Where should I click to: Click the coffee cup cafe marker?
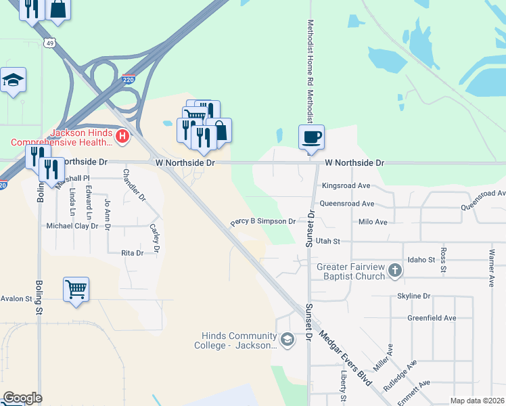[311, 137]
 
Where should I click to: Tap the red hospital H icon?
[122, 137]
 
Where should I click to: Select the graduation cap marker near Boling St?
[13, 81]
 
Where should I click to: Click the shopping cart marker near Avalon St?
[76, 290]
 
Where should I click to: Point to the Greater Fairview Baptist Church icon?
[395, 271]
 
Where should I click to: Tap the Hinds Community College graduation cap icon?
[287, 339]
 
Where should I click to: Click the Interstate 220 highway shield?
[129, 79]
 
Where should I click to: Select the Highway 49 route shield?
[49, 43]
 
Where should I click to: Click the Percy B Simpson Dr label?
[263, 221]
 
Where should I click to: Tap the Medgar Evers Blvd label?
[346, 358]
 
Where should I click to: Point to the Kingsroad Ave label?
[346, 185]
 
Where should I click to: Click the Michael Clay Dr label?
[72, 226]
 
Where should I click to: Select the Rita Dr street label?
[132, 253]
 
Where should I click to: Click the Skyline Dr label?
[413, 296]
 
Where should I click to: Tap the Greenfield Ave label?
[431, 318]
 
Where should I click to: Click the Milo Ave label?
[373, 222]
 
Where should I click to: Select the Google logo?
[22, 398]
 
